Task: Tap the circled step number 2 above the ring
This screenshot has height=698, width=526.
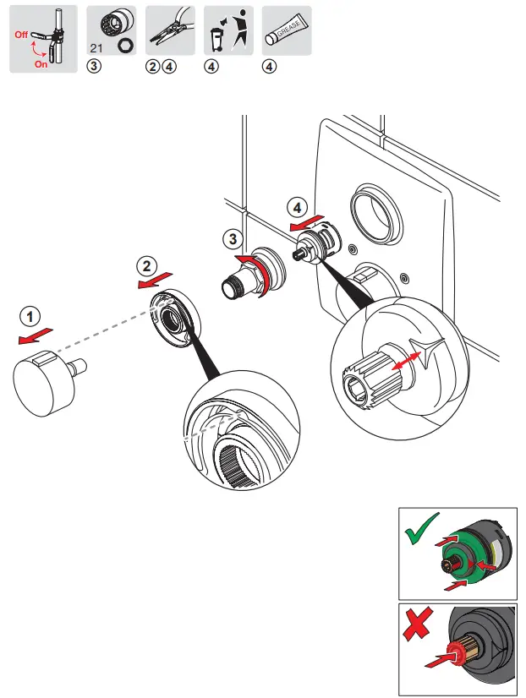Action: point(146,265)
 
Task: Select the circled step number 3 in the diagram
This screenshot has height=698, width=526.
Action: point(235,239)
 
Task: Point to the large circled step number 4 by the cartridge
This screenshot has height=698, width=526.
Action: point(295,207)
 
